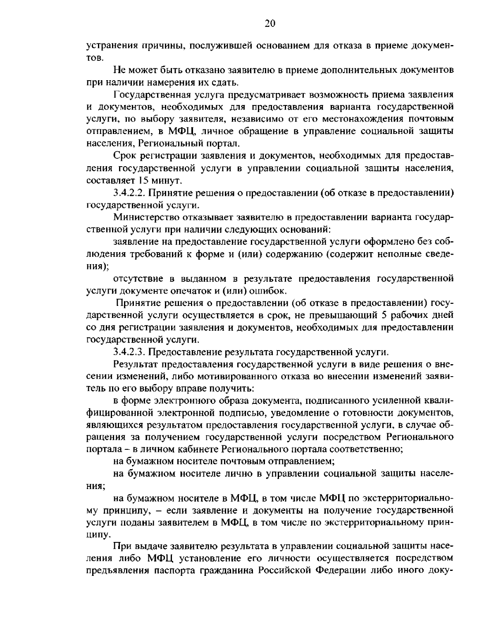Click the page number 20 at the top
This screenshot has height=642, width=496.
point(269,23)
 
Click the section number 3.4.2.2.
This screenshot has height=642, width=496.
point(128,193)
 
